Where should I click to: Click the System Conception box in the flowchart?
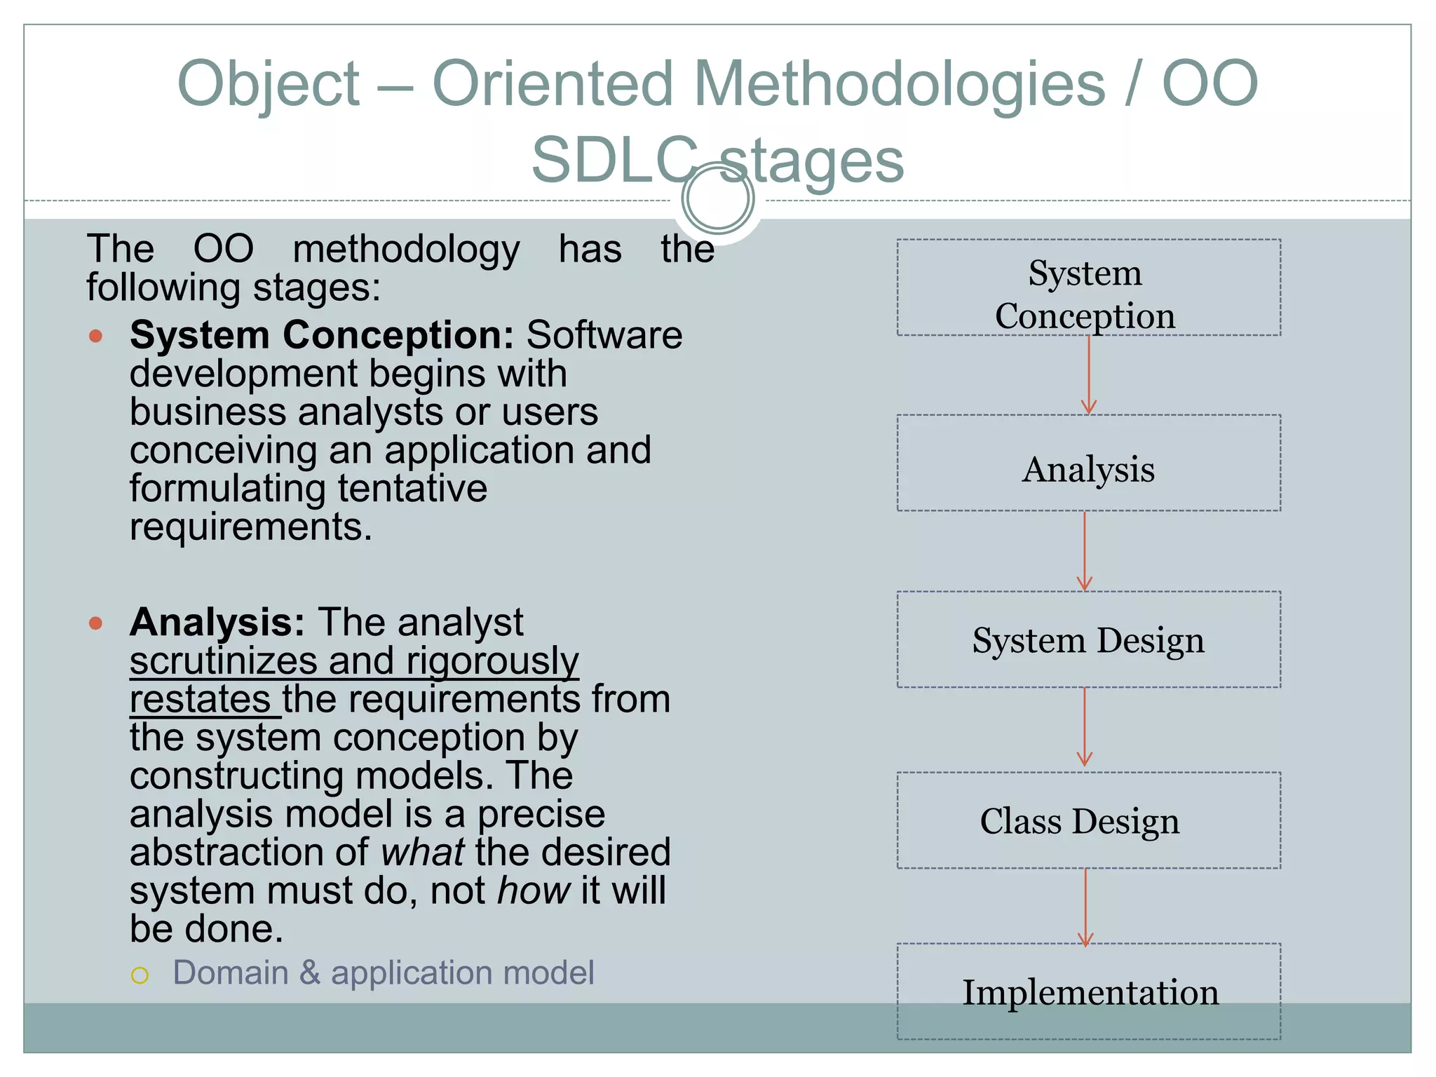click(x=1088, y=287)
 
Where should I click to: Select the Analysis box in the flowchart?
click(x=1088, y=463)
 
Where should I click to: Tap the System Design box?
click(x=1088, y=639)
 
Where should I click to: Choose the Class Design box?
click(x=1088, y=820)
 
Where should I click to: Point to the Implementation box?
click(x=1088, y=991)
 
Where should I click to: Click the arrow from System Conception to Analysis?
click(x=1088, y=375)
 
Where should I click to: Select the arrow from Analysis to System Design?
click(x=1085, y=551)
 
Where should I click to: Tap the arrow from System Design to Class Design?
click(x=1085, y=727)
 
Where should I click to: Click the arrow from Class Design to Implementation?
click(x=1085, y=907)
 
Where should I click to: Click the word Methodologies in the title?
click(x=899, y=84)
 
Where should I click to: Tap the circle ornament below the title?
click(x=718, y=198)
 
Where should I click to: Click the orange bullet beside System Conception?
click(x=96, y=337)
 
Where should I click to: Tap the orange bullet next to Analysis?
click(x=96, y=623)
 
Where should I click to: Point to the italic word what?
click(x=422, y=852)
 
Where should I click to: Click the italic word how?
click(x=533, y=890)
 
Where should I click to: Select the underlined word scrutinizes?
click(x=224, y=661)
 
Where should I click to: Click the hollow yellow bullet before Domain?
click(x=140, y=975)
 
